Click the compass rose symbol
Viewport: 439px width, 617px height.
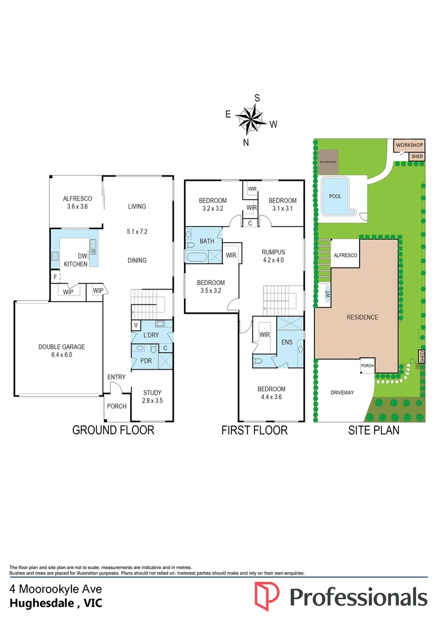(250, 119)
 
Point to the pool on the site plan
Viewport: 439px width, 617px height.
(336, 196)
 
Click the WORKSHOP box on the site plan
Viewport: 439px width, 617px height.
(409, 146)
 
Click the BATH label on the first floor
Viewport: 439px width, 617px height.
(207, 241)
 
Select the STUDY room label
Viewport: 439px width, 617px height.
(153, 392)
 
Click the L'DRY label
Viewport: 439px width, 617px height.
(150, 334)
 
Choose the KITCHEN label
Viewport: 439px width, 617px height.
(75, 264)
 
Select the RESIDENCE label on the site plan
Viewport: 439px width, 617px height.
(362, 317)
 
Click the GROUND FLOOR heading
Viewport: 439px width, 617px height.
(113, 430)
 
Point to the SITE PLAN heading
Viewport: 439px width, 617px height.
(374, 430)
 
